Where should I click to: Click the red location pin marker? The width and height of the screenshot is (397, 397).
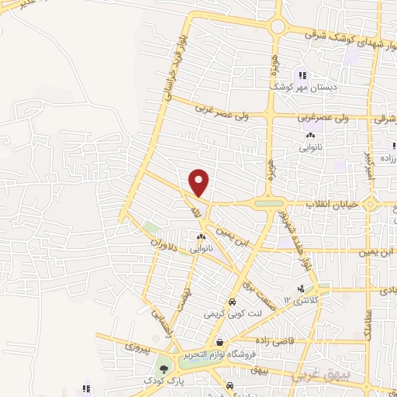tap(200, 182)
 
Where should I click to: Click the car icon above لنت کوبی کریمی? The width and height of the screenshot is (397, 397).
tap(231, 302)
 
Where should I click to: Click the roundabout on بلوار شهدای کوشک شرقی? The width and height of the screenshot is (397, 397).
tap(277, 26)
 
